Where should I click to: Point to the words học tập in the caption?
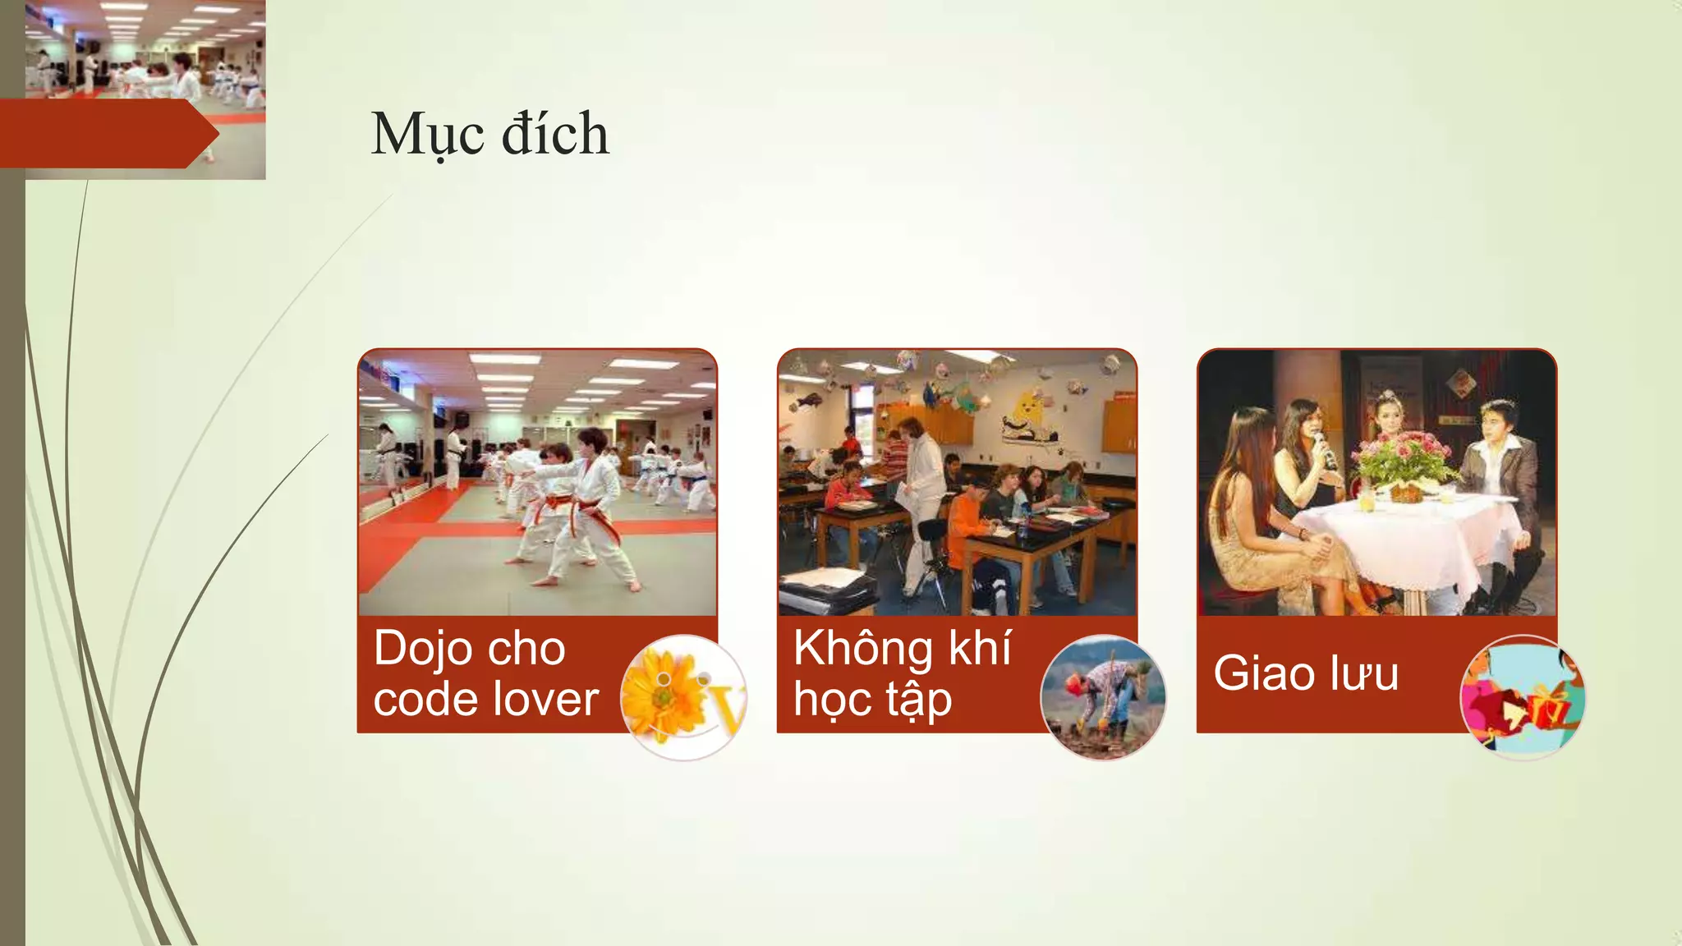[872, 700]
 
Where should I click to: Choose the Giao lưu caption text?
[1306, 673]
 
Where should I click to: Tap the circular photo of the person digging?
[1103, 697]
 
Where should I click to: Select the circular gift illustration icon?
[1523, 697]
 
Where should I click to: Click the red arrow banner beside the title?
[107, 134]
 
